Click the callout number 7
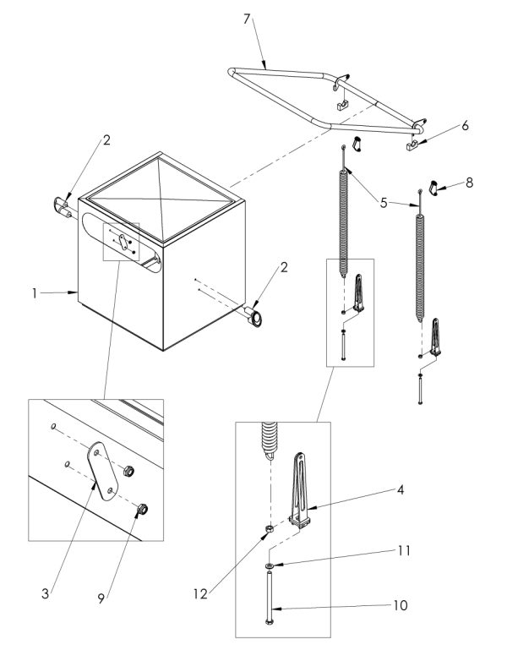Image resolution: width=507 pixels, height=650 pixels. click(247, 19)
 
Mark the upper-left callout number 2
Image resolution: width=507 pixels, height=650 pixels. click(107, 140)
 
